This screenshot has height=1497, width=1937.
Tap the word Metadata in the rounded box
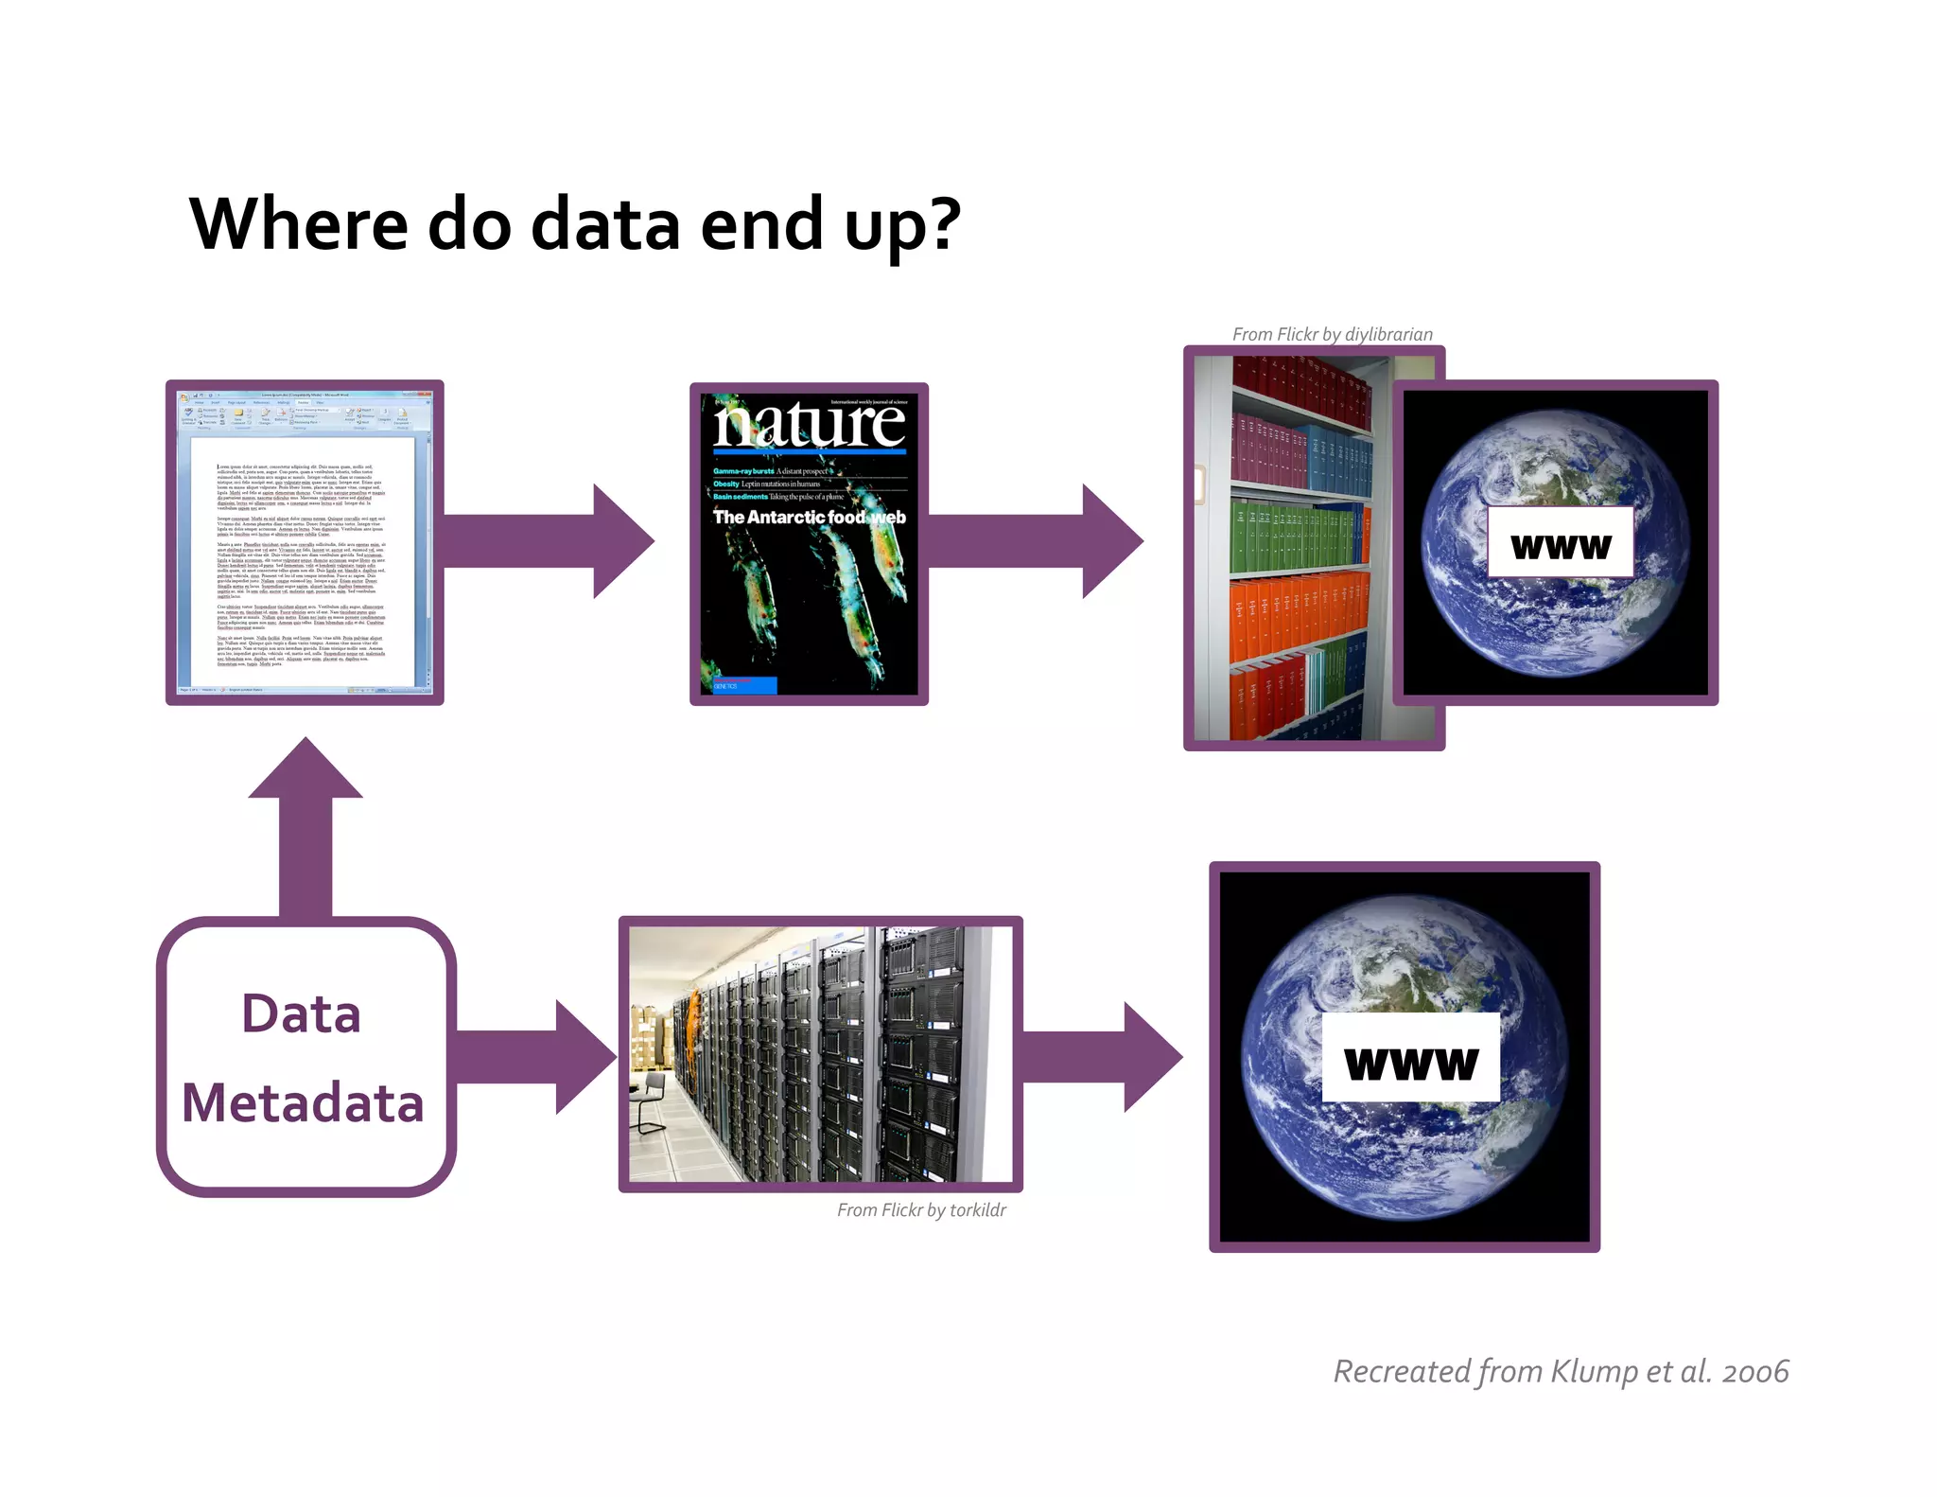[303, 1102]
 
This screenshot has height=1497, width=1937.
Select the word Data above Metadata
[302, 1014]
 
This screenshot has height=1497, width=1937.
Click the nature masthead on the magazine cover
[810, 424]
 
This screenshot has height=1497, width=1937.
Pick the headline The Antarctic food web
[810, 517]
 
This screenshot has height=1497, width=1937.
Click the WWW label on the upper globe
[1561, 544]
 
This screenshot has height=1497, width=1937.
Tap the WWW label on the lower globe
[1410, 1061]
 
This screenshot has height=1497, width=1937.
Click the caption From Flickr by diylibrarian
[1332, 334]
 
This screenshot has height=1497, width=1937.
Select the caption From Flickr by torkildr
[921, 1210]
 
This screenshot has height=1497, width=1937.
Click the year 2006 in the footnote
[1755, 1371]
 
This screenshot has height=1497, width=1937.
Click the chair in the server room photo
[650, 1099]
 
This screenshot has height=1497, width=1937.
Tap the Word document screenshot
[305, 542]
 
